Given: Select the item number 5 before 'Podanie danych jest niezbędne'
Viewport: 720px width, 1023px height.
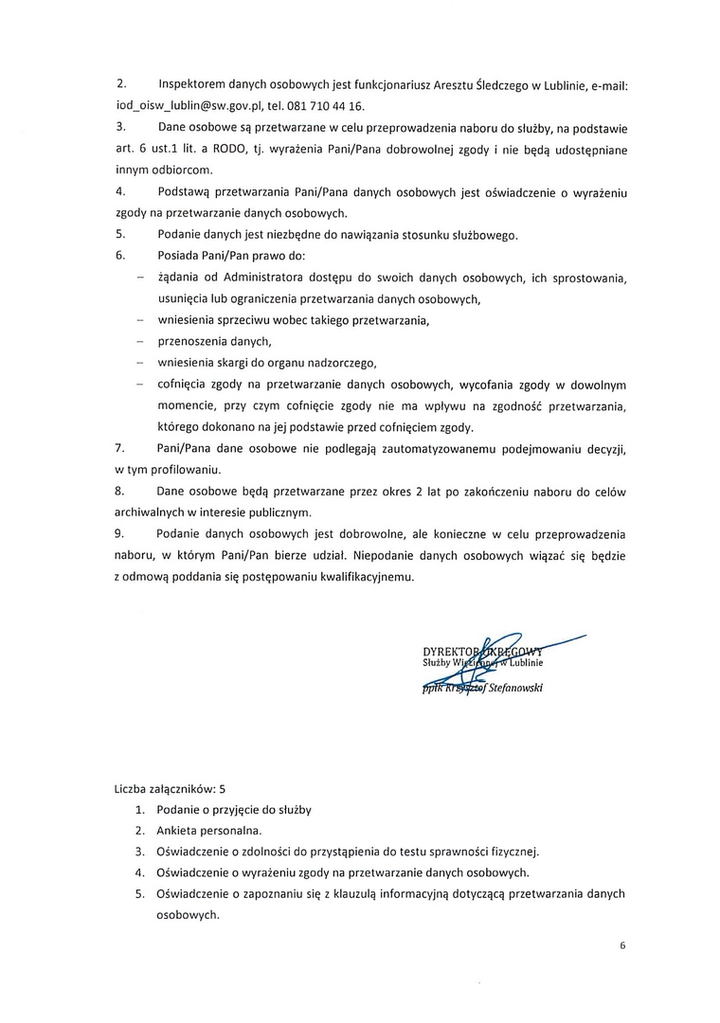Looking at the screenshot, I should pyautogui.click(x=120, y=234).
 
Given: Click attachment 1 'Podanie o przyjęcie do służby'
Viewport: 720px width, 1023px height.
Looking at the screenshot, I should pyautogui.click(x=234, y=809).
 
